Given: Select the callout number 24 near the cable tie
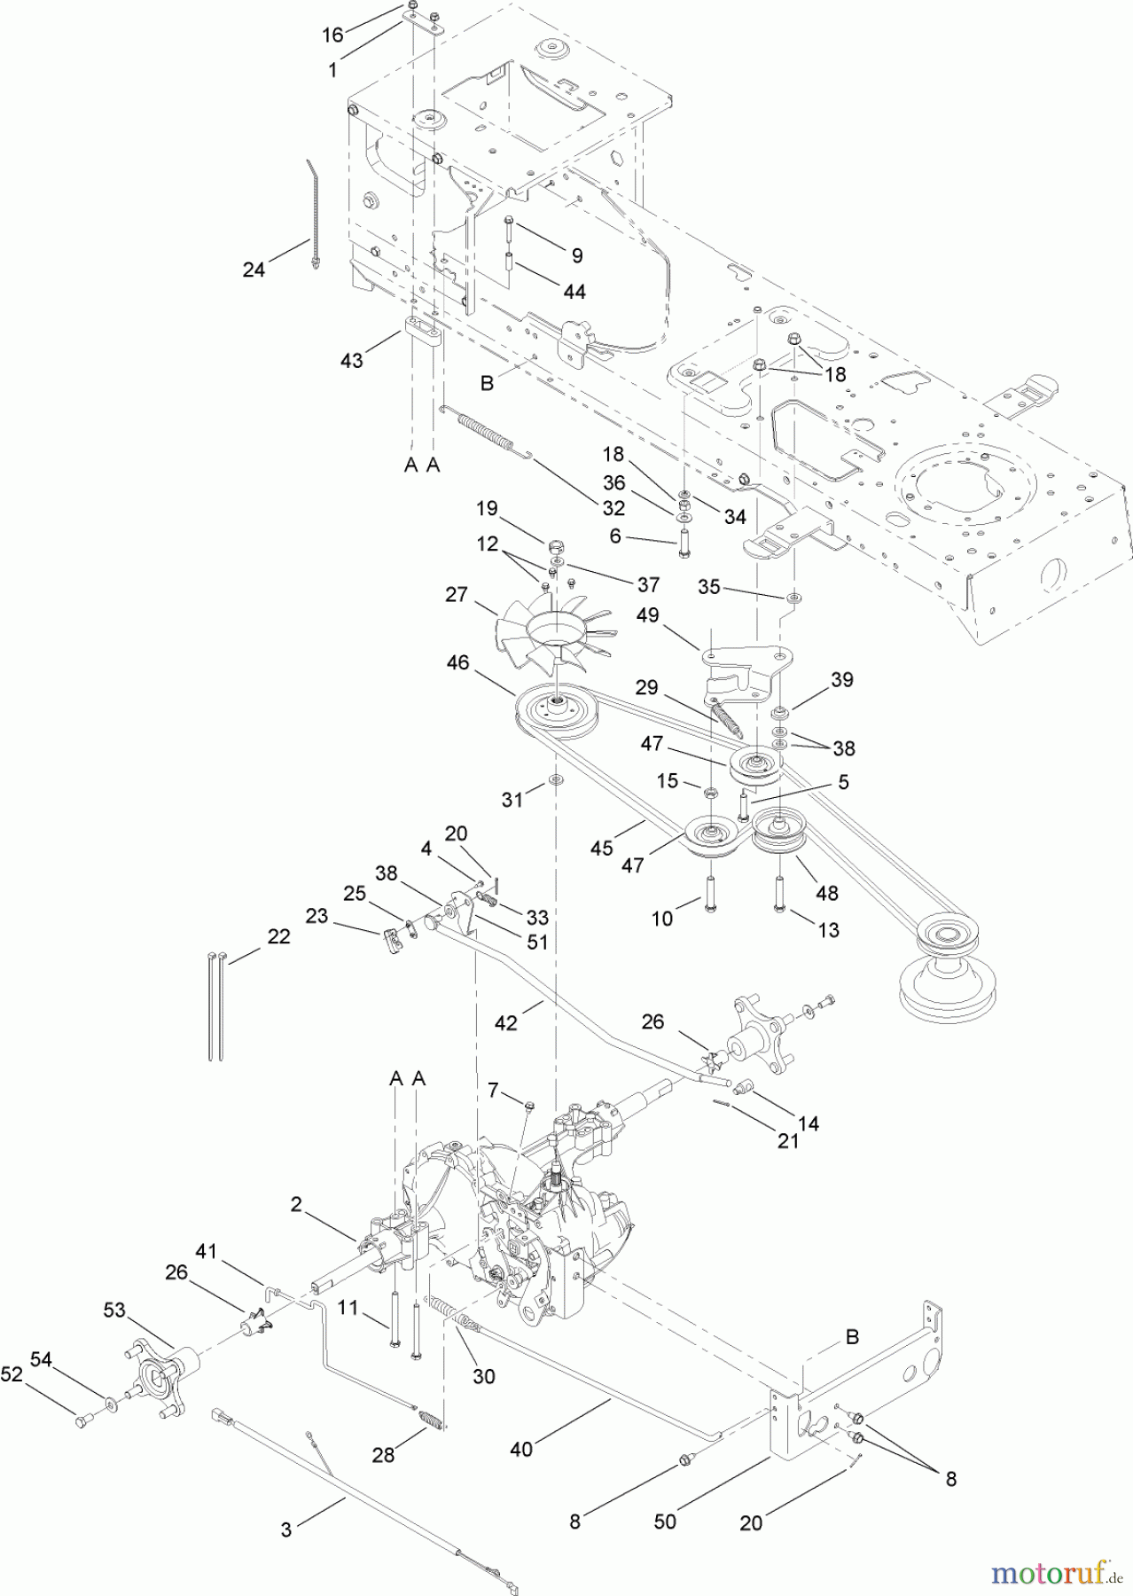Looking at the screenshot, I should [254, 270].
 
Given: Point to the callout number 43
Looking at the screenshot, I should [352, 361].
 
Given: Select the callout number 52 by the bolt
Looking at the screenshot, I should [12, 1374].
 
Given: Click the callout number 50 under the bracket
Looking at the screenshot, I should [665, 1520].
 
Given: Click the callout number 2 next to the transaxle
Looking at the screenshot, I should [295, 1203].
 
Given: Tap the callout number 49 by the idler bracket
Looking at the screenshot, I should [648, 614].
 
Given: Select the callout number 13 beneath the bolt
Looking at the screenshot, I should [828, 930].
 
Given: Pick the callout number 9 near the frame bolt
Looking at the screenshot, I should [577, 256].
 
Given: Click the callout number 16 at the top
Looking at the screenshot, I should [332, 35].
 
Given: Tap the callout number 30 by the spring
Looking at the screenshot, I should [483, 1376].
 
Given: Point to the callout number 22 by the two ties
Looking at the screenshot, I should [278, 936].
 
